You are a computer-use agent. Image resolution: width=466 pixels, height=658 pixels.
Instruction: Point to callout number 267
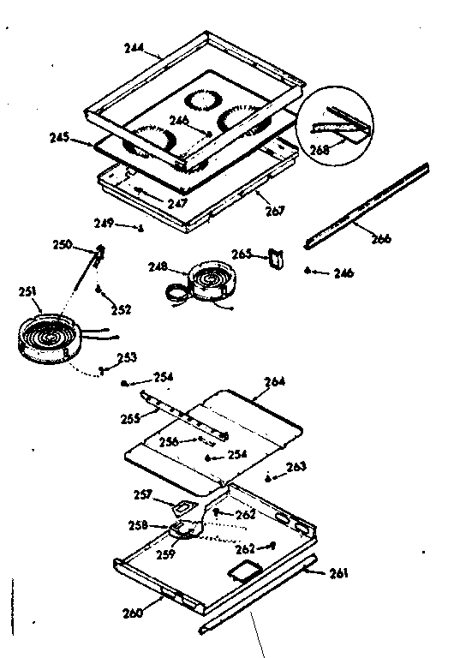tap(274, 211)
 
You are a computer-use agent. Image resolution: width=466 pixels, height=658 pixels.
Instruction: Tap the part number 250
tap(87, 246)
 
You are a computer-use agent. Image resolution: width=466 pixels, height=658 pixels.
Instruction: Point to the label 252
tap(121, 309)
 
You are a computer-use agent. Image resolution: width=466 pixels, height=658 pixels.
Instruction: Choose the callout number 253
tap(126, 357)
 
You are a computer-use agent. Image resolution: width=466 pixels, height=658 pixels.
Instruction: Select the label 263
tap(296, 467)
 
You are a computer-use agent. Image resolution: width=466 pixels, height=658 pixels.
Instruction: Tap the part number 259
tap(165, 554)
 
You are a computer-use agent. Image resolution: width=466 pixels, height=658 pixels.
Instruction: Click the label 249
tap(126, 225)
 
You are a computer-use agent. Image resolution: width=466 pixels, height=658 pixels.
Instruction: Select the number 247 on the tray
tap(177, 204)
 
